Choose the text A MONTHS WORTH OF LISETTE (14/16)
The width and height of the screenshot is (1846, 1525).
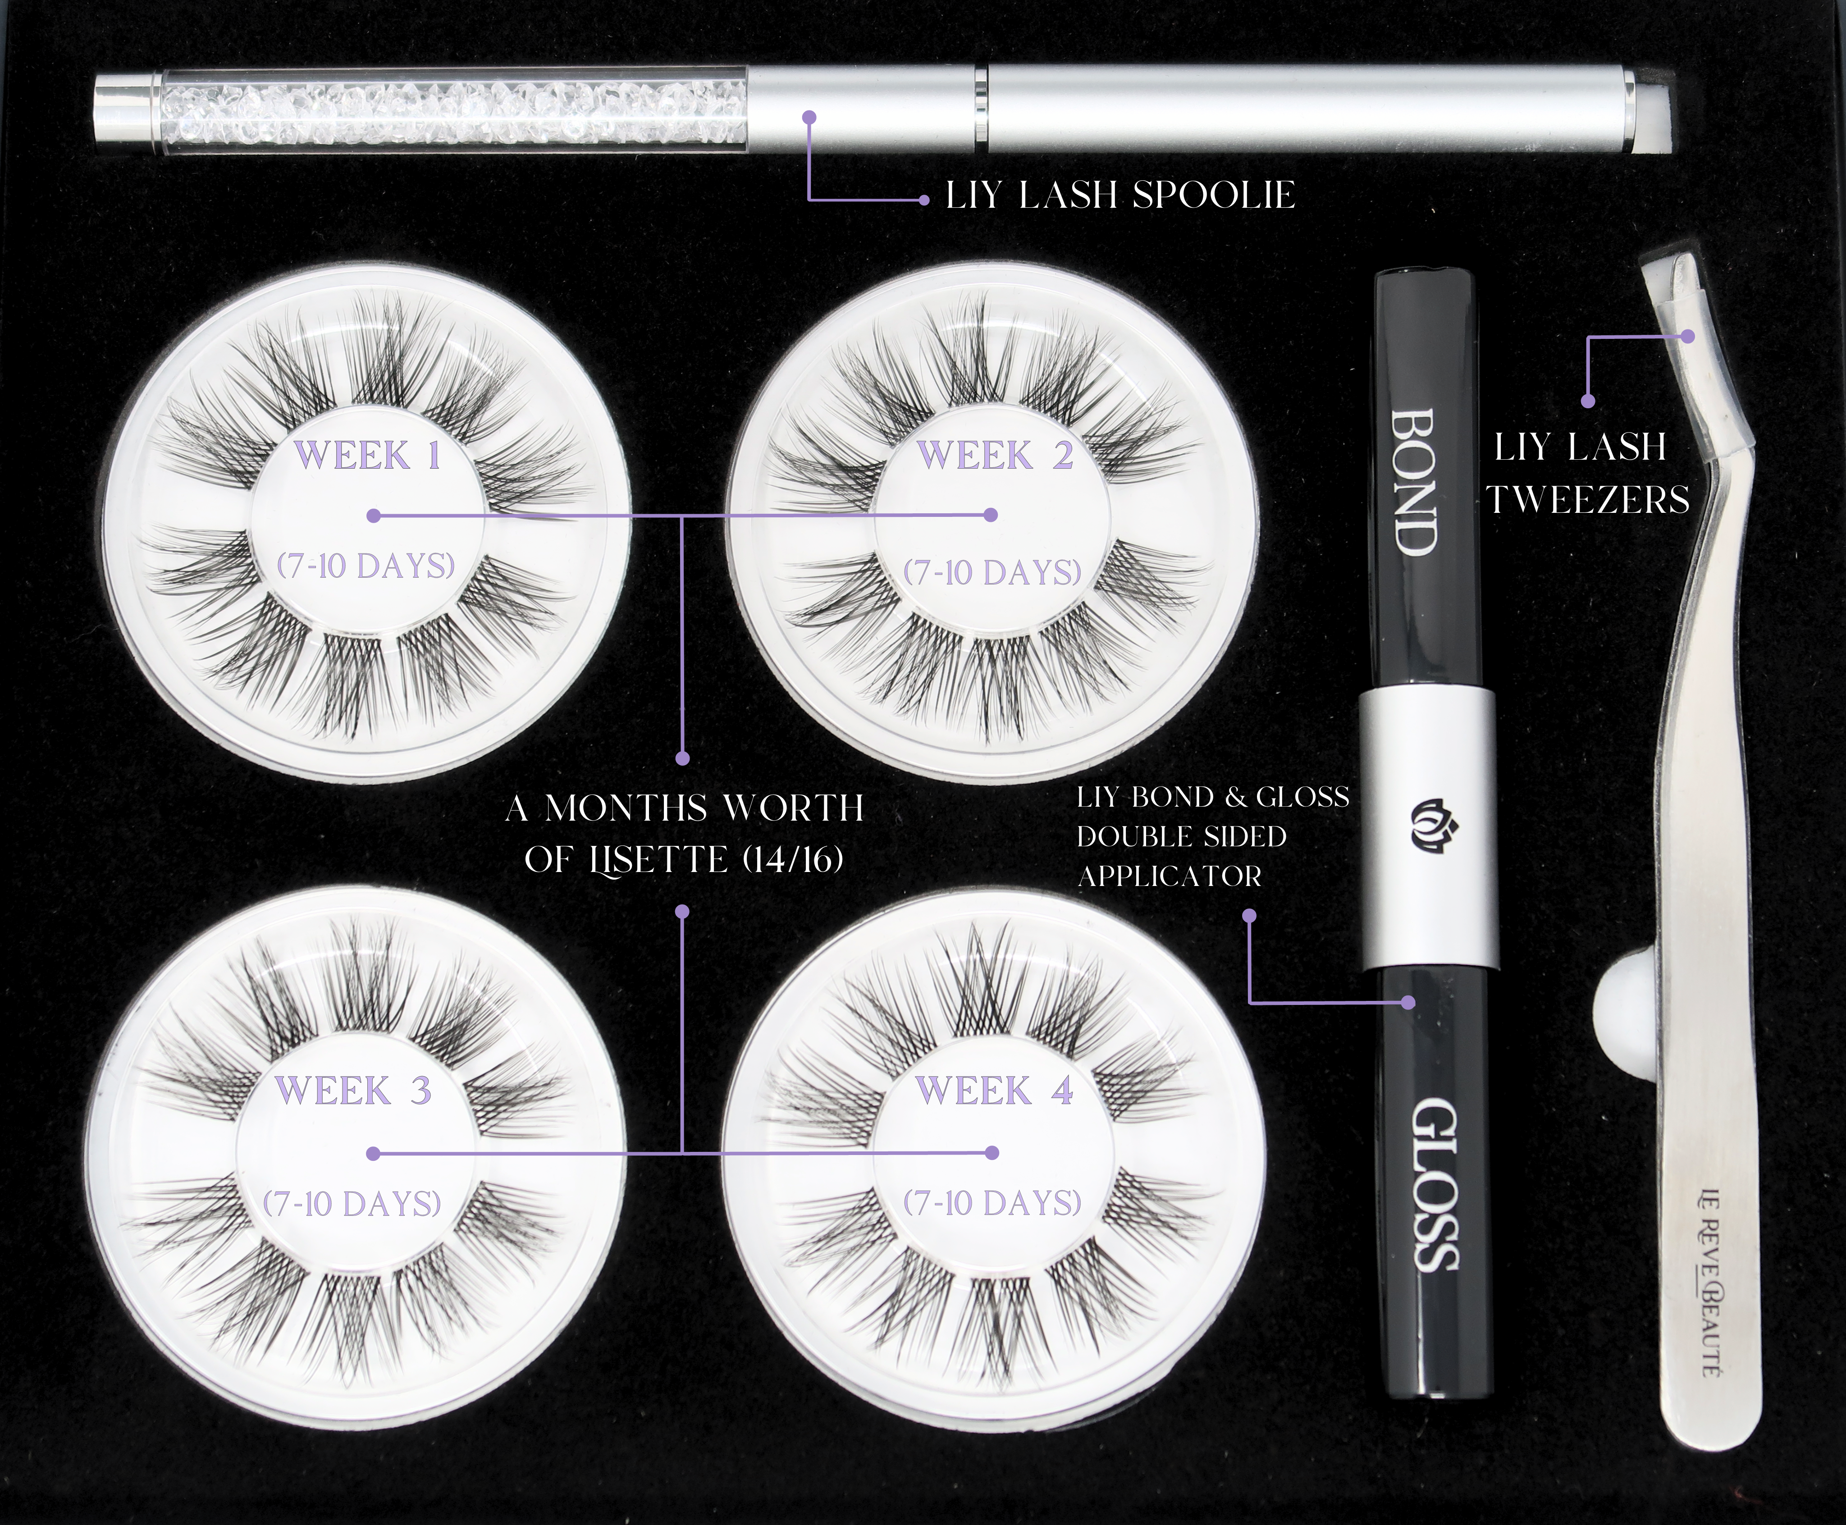tap(685, 834)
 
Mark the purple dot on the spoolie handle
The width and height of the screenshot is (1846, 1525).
tap(810, 116)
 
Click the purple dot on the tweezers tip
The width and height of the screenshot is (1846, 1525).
tap(1688, 335)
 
